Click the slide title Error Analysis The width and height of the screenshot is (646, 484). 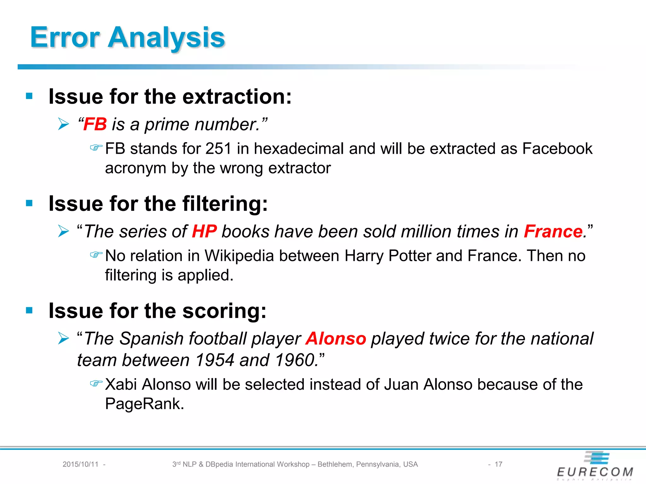[x=127, y=38]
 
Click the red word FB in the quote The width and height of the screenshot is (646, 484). [x=95, y=124]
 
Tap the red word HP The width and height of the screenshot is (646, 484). [x=204, y=232]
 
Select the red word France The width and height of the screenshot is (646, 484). [x=553, y=232]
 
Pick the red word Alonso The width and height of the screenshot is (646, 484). [x=336, y=339]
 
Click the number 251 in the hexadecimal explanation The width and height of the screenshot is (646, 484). [x=218, y=149]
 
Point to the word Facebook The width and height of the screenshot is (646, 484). [x=557, y=149]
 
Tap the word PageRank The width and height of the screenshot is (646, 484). [x=144, y=404]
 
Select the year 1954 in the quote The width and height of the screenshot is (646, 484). [x=214, y=360]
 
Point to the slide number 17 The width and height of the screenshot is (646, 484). [x=498, y=464]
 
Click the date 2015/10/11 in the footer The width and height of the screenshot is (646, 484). [x=80, y=464]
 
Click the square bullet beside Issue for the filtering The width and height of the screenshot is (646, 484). [x=29, y=203]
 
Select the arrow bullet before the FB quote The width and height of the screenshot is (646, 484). [x=63, y=124]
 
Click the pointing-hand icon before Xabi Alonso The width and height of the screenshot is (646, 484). [x=96, y=383]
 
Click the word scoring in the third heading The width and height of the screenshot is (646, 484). [x=224, y=311]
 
